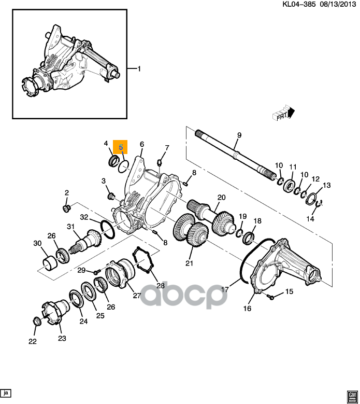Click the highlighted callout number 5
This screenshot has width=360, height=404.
pos(121,147)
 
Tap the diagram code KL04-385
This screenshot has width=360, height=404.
pos(299,4)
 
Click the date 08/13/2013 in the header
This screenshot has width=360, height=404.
pos(337,4)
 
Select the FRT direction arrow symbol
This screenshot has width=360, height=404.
pos(283,113)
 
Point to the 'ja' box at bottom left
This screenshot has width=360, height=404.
pos(6,393)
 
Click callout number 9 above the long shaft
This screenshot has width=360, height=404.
pos(239,135)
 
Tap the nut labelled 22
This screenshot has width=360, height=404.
pos(37,322)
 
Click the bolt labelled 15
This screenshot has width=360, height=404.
pos(271,297)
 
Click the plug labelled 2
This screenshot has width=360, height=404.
pos(67,208)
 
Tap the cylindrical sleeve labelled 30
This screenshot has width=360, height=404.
pos(49,263)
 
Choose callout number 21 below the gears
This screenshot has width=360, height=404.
pos(189,263)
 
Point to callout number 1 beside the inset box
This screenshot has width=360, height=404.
pos(139,69)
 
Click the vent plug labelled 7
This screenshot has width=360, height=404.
pos(160,163)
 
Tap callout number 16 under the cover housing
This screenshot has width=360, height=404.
pos(247,308)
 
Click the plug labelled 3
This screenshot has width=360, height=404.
pos(111,197)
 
